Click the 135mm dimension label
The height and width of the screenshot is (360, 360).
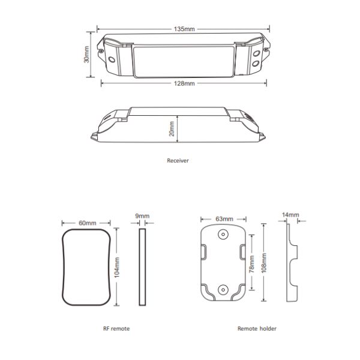184,29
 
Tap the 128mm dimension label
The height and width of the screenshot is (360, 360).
184,83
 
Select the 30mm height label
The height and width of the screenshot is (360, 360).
86,55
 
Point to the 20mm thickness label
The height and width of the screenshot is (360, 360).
172,129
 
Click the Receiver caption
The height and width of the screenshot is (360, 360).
178,160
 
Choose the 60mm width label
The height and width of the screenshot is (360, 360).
88,223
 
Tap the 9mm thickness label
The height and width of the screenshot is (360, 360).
142,216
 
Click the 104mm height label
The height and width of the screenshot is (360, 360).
117,267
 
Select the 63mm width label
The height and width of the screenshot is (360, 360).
224,219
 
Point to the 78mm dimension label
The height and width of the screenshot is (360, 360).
252,264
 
